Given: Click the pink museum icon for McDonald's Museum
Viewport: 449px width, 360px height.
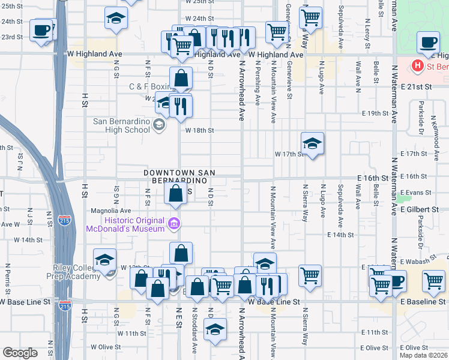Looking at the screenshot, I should point(174,224).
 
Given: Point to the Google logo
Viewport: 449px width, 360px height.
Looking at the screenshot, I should point(20,353).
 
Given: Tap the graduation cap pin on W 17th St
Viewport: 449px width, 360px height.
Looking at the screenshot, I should point(312,144).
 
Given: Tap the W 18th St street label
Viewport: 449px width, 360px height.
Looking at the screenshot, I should point(199,130).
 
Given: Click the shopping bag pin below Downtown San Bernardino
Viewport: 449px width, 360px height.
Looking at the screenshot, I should point(175,193).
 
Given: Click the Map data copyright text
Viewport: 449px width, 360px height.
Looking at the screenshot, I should point(423,355).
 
